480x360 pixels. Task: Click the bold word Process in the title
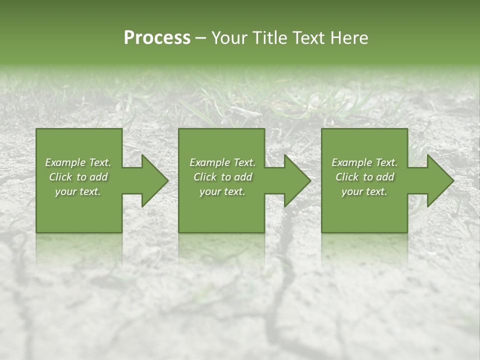point(157,38)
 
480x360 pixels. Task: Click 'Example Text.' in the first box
point(78,162)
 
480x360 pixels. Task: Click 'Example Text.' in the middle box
point(222,162)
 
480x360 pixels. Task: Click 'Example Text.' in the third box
point(364,162)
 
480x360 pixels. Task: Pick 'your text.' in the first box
point(78,191)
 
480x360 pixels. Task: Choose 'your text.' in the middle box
point(222,191)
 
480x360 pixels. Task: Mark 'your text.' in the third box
point(364,191)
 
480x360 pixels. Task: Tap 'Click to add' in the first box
point(78,177)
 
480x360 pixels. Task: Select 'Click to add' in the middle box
point(222,177)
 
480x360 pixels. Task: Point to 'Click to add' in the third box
point(364,177)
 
